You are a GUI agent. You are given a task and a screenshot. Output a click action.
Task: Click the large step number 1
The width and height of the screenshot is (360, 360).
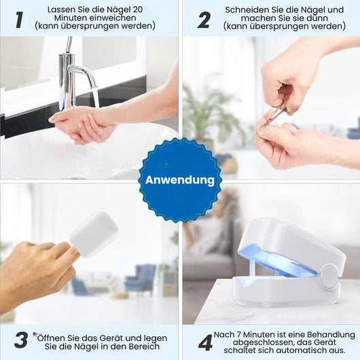[x=19, y=20]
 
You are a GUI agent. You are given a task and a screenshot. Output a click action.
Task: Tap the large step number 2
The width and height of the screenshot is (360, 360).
[x=204, y=20]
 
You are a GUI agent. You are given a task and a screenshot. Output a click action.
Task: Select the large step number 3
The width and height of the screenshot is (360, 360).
[x=21, y=340]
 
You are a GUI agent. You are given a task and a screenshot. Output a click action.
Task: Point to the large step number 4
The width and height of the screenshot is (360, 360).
[x=206, y=342]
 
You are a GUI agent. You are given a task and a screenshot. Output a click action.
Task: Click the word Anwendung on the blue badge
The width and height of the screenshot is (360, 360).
[x=180, y=180]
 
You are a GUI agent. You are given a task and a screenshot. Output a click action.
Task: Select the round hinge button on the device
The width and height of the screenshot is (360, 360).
[x=329, y=277]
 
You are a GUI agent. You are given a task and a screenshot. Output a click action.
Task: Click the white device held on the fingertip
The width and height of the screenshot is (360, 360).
[x=94, y=234]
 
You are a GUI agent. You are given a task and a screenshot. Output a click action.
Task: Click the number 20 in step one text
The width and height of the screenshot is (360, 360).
[x=137, y=10]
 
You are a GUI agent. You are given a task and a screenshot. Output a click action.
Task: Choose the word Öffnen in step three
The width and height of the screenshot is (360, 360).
[x=52, y=338]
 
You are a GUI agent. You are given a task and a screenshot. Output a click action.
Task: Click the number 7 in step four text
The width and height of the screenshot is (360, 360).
[x=240, y=335]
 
